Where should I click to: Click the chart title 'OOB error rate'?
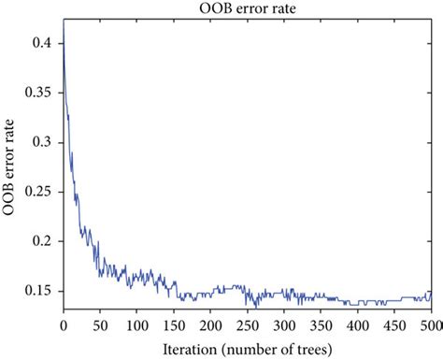tap(247, 8)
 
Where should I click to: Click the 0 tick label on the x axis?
tap(63, 326)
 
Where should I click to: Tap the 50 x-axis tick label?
tap(99, 326)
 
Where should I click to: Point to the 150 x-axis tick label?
tap(174, 326)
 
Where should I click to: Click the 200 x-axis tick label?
tap(210, 326)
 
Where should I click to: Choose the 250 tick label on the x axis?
tap(248, 326)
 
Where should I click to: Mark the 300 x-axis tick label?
tap(284, 326)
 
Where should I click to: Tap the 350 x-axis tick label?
tap(322, 326)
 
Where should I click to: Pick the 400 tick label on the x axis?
tap(358, 326)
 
